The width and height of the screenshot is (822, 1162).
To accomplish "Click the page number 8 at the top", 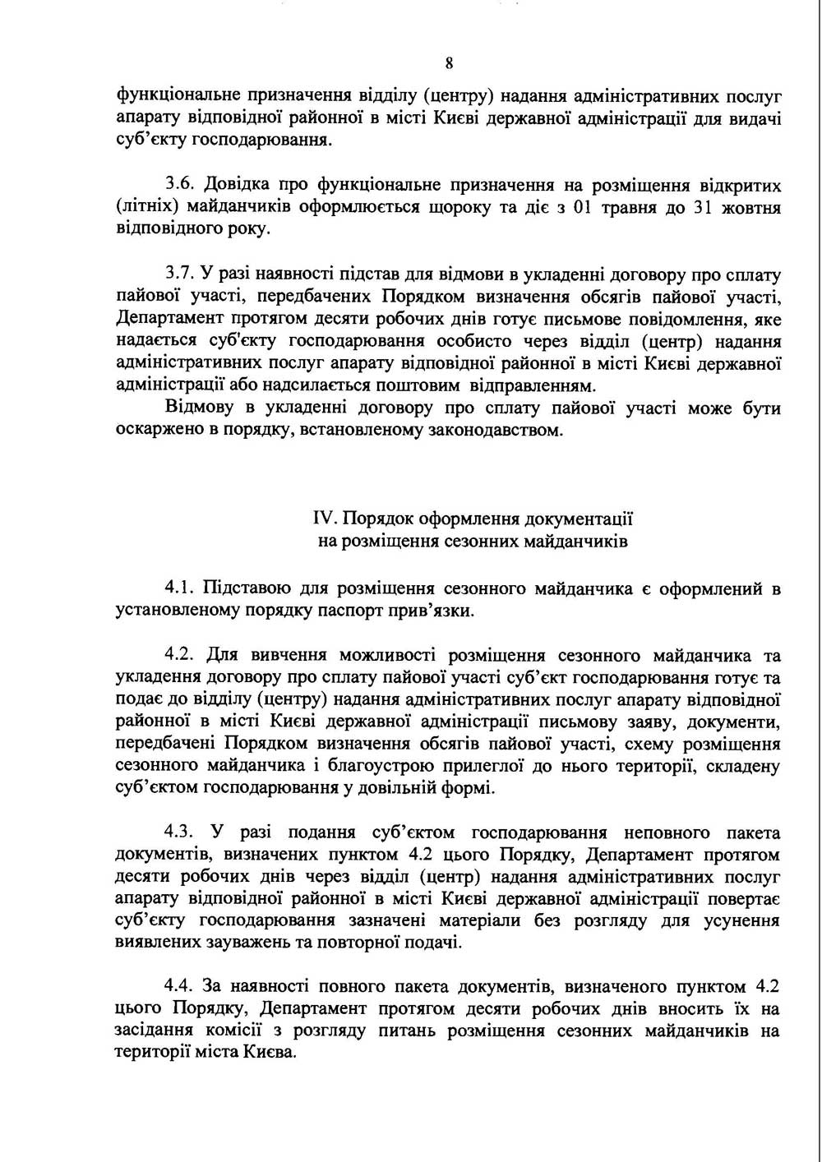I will [x=449, y=64].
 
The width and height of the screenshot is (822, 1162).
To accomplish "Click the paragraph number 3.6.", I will [x=178, y=183].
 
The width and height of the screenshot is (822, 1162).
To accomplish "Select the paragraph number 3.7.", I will [x=178, y=274].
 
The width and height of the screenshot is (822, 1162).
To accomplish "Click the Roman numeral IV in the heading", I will [x=323, y=519].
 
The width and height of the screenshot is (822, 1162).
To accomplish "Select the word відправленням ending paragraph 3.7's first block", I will [x=530, y=385].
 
